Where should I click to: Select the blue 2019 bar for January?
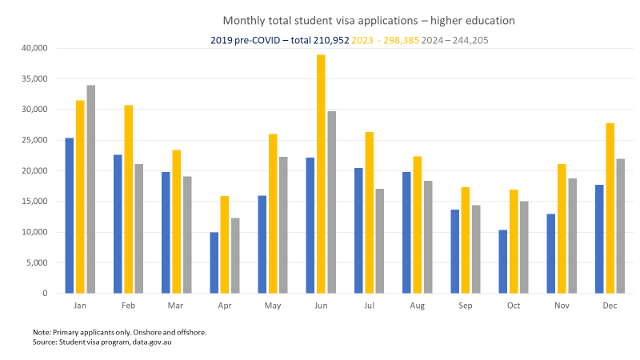click(x=70, y=216)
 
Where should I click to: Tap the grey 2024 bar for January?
click(x=90, y=189)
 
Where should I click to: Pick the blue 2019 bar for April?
click(x=214, y=263)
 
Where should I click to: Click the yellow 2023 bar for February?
click(x=129, y=199)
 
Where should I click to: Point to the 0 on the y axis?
click(x=46, y=294)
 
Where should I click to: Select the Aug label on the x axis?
click(x=418, y=306)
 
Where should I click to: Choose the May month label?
click(x=273, y=306)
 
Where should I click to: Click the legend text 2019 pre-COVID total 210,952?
click(x=279, y=39)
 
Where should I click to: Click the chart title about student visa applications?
click(x=368, y=19)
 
